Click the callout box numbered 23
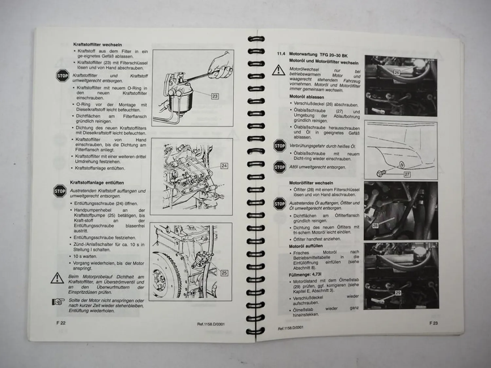[215, 96]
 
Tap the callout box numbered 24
[224, 166]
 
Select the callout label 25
[224, 273]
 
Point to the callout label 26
[397, 72]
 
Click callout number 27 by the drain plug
[407, 174]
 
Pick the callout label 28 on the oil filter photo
[375, 226]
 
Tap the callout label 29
[398, 293]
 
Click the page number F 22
[61, 323]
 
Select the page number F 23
[433, 323]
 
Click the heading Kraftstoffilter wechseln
[98, 45]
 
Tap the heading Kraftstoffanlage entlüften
[97, 183]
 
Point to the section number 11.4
[281, 54]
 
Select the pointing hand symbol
[58, 302]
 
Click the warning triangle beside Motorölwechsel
[279, 70]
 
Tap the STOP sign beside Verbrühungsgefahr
[280, 146]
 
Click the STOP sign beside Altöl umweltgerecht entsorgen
[280, 167]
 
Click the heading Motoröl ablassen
[306, 97]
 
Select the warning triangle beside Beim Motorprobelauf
[57, 278]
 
